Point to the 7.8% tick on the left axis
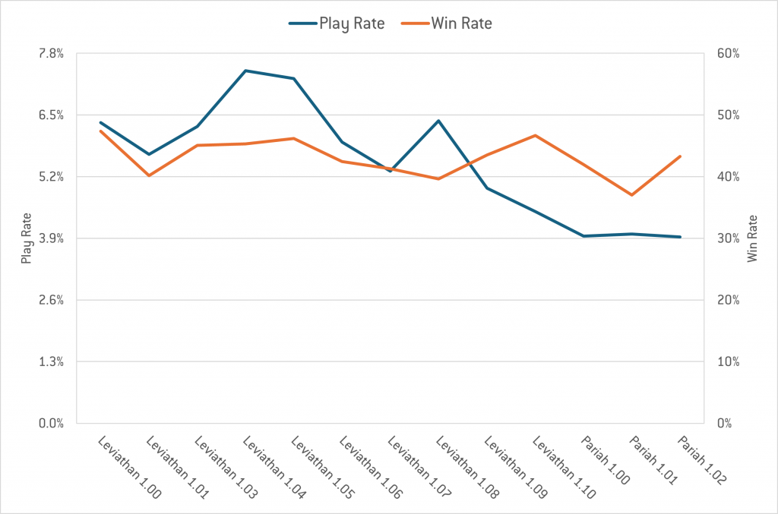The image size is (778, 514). (52, 53)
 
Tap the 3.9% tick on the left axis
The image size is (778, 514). (52, 238)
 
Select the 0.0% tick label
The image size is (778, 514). (52, 423)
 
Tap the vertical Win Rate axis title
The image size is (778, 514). (753, 238)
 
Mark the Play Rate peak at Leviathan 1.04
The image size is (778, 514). (245, 71)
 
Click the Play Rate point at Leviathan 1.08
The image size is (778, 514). (438, 121)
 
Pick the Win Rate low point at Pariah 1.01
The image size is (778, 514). (631, 195)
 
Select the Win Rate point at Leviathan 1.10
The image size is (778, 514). (536, 135)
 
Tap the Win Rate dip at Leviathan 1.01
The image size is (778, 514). (149, 175)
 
